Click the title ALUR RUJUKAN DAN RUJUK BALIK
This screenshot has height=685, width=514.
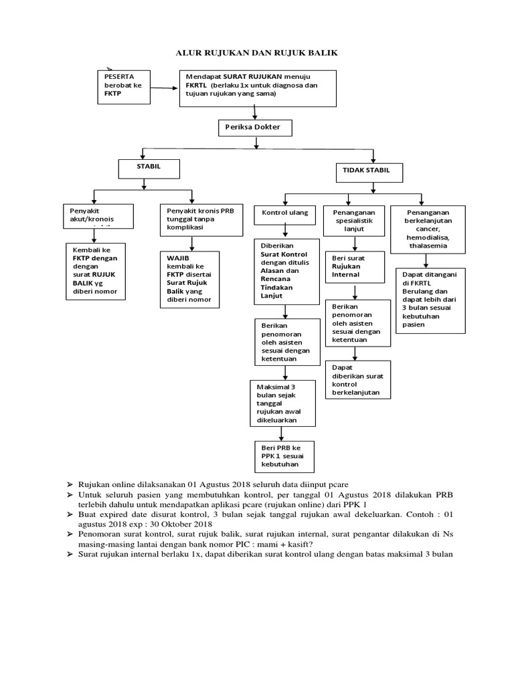(x=257, y=52)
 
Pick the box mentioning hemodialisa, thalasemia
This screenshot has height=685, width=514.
(x=428, y=227)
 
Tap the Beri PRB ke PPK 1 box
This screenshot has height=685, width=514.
(x=284, y=456)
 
